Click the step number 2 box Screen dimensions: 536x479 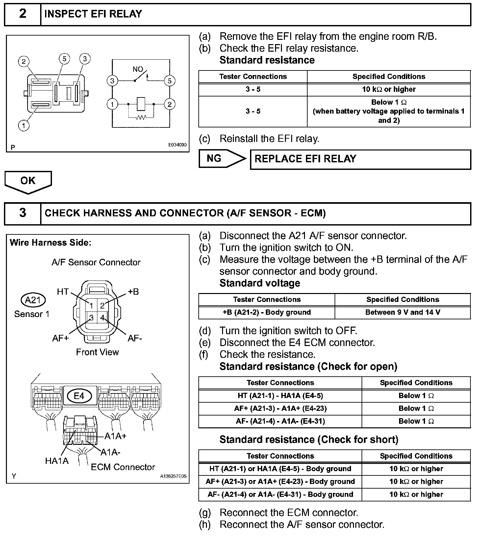pyautogui.click(x=22, y=14)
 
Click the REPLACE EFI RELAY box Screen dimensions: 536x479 pyautogui.click(x=360, y=159)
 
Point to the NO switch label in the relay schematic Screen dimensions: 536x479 pyautogui.click(x=138, y=69)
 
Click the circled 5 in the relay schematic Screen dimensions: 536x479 pyautogui.click(x=170, y=81)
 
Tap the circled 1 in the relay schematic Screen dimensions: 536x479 pyautogui.click(x=113, y=104)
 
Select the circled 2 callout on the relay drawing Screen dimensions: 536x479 pyautogui.click(x=24, y=62)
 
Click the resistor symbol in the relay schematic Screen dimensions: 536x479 pyautogui.click(x=141, y=117)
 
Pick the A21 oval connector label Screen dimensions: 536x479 pyautogui.click(x=33, y=300)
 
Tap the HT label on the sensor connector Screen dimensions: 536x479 pyautogui.click(x=63, y=291)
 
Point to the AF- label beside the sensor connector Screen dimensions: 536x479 pyautogui.click(x=135, y=338)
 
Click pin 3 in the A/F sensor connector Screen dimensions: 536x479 pyautogui.click(x=91, y=317)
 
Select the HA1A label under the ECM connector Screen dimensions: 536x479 pyautogui.click(x=57, y=461)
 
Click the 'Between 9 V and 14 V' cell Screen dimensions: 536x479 pyautogui.click(x=402, y=312)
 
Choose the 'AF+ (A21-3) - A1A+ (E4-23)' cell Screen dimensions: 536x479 pyautogui.click(x=280, y=409)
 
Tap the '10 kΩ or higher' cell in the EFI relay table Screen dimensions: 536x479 pyautogui.click(x=389, y=89)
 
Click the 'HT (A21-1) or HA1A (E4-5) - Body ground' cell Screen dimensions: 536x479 pyautogui.click(x=280, y=469)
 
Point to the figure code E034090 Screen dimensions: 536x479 pyautogui.click(x=177, y=145)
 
